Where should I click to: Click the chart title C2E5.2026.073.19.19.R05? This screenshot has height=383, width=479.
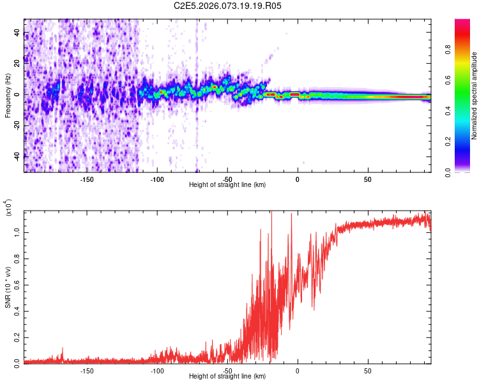click(x=228, y=6)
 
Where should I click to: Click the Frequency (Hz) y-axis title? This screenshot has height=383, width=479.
click(x=8, y=96)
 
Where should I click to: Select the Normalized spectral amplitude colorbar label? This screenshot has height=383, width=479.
click(x=475, y=96)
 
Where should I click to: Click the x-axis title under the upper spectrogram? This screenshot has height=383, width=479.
click(x=227, y=184)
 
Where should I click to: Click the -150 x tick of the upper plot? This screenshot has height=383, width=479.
click(x=87, y=178)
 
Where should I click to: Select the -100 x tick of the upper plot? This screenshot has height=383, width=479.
click(x=158, y=178)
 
